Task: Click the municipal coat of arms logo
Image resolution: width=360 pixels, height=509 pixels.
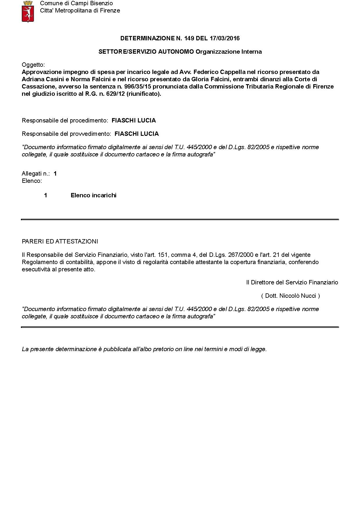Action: coord(28,12)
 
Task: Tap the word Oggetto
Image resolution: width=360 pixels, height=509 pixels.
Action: coord(33,65)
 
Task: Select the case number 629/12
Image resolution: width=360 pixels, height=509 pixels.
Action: coord(116,94)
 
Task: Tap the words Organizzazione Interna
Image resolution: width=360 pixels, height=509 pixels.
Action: coord(228,52)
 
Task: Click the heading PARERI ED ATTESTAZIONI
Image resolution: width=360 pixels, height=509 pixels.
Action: coord(60,241)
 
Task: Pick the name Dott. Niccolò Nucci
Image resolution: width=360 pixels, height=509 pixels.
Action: coord(290,296)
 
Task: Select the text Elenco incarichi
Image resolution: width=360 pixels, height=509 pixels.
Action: coord(93,195)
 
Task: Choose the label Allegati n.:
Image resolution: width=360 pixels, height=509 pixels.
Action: coord(35,174)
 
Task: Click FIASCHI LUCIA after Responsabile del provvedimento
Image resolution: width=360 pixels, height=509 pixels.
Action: coord(136,134)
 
